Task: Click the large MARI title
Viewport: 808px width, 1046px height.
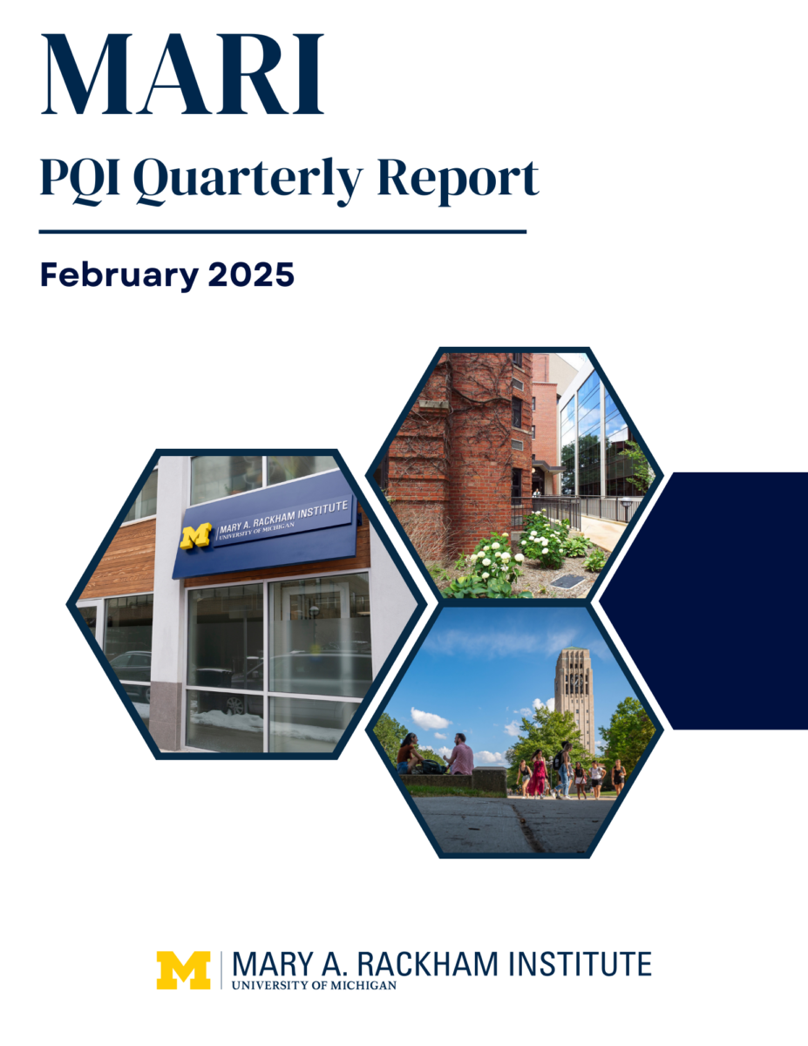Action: pyautogui.click(x=182, y=74)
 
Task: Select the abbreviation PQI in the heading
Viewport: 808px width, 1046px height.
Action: pyautogui.click(x=80, y=176)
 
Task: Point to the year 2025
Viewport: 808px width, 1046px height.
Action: pyautogui.click(x=251, y=275)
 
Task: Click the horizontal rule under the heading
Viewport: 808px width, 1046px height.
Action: pyautogui.click(x=282, y=232)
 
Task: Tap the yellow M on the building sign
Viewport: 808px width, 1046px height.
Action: pyautogui.click(x=195, y=536)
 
